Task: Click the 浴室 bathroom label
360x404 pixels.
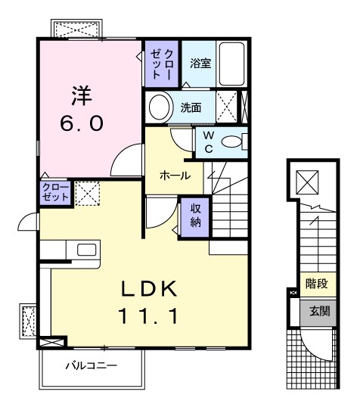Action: pos(200,64)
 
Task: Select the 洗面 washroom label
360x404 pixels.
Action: pos(191,107)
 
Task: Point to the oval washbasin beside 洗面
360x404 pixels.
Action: pos(160,107)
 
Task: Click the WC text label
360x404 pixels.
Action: pos(209,141)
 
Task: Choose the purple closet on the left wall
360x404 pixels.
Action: pos(55,192)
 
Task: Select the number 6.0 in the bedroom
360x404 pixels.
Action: pos(82,124)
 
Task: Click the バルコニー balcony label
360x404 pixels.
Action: pos(90,365)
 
